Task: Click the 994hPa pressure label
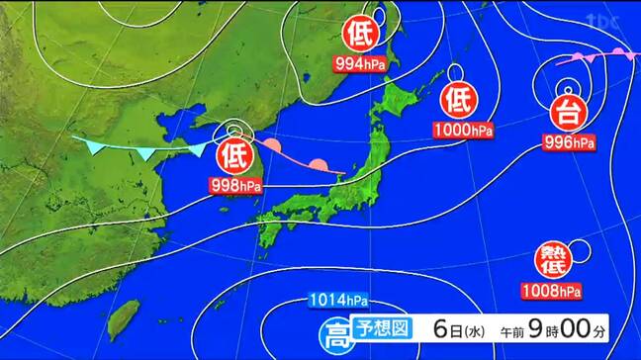(x=359, y=63)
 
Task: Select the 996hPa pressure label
(x=570, y=142)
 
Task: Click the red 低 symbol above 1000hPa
(x=457, y=101)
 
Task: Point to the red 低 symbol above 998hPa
(x=233, y=156)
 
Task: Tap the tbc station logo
(x=603, y=20)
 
